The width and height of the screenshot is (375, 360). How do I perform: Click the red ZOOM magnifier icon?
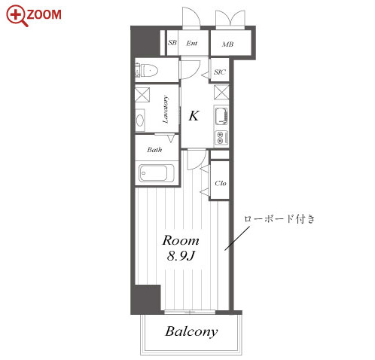pyautogui.click(x=16, y=16)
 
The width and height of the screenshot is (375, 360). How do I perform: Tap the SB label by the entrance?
pyautogui.click(x=172, y=43)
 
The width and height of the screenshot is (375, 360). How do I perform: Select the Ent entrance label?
pyautogui.click(x=192, y=43)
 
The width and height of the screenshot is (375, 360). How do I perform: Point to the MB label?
pyautogui.click(x=227, y=44)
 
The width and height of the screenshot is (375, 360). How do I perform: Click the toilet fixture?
pyautogui.click(x=146, y=71)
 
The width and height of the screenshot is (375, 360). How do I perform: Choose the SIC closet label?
pyautogui.click(x=220, y=72)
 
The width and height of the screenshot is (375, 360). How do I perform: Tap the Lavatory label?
pyautogui.click(x=166, y=109)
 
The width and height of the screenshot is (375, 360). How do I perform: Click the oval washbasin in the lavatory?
pyautogui.click(x=140, y=121)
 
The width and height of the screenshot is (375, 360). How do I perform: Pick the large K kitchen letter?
pyautogui.click(x=194, y=116)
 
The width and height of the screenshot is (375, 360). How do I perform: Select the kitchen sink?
pyautogui.click(x=221, y=116)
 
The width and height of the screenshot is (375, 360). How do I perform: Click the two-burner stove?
pyautogui.click(x=221, y=138)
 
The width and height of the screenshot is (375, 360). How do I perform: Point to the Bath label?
pyautogui.click(x=154, y=150)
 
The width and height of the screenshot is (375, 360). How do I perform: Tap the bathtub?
pyautogui.click(x=157, y=173)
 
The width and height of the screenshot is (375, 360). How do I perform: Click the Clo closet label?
pyautogui.click(x=221, y=183)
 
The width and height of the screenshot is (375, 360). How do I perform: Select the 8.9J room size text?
pyautogui.click(x=181, y=256)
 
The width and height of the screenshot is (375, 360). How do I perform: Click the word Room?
pyautogui.click(x=181, y=240)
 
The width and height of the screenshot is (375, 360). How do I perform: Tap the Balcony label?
pyautogui.click(x=191, y=331)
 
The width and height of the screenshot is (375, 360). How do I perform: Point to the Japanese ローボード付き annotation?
pyautogui.click(x=279, y=219)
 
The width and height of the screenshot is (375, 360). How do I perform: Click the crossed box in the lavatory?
pyautogui.click(x=142, y=95)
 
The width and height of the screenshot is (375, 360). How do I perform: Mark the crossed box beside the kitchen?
pyautogui.click(x=221, y=92)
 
